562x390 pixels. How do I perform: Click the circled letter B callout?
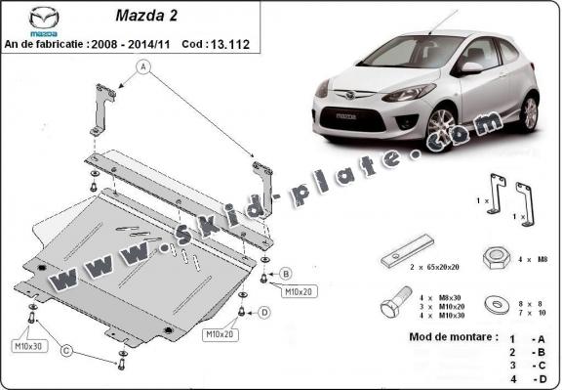click(286, 273)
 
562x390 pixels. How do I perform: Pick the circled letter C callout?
click(67, 350)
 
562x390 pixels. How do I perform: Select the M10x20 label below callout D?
click(219, 334)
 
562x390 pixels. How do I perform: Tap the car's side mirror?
click(472, 68)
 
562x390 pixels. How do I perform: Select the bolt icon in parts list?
click(396, 301)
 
